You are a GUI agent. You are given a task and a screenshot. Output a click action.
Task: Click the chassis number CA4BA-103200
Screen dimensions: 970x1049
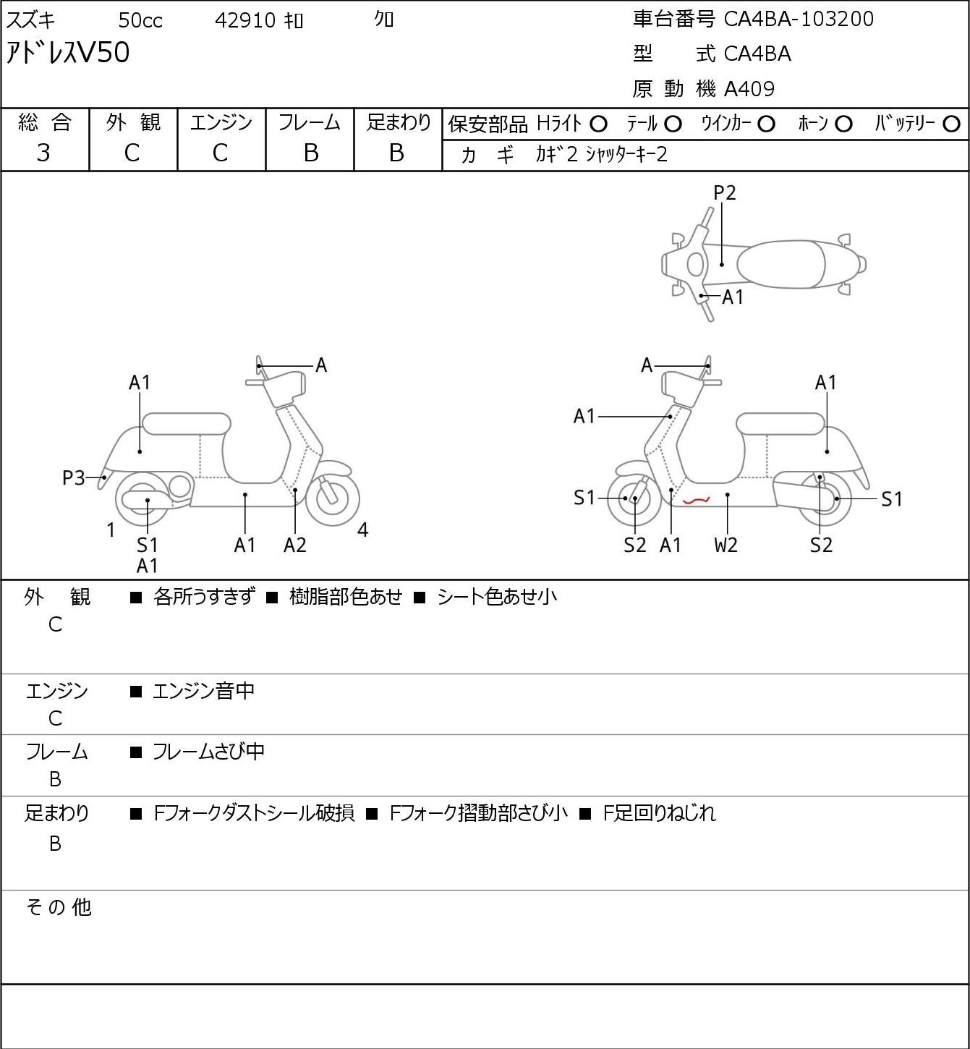(x=799, y=19)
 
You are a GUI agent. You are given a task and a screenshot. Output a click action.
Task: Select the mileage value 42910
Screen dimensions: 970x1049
(x=245, y=20)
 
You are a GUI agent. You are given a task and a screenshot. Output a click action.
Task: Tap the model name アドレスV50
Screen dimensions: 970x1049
(x=67, y=53)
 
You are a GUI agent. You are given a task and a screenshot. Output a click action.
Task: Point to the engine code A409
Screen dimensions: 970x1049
(x=749, y=89)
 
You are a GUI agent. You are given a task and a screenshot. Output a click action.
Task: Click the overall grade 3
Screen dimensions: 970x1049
(x=43, y=153)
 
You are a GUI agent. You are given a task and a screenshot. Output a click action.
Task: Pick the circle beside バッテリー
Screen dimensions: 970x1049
(x=951, y=124)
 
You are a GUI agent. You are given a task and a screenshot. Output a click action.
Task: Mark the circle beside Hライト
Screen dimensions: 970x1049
(x=598, y=124)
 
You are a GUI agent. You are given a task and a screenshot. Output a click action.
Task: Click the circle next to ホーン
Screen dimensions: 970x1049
(x=843, y=124)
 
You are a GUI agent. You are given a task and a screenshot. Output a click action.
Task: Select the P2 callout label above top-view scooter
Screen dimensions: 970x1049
(x=724, y=192)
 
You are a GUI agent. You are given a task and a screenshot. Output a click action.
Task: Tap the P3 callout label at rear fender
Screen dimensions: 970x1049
(x=74, y=478)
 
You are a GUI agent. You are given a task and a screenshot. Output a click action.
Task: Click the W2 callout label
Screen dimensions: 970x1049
(x=726, y=545)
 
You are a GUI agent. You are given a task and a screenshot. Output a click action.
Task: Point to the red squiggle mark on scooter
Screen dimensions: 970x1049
(x=697, y=500)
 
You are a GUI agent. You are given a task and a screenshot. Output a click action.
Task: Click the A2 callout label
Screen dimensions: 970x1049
(x=295, y=545)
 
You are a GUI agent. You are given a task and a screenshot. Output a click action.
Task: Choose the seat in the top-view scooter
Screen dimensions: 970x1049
(x=781, y=264)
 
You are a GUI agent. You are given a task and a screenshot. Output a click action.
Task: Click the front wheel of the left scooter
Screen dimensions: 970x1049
(x=333, y=498)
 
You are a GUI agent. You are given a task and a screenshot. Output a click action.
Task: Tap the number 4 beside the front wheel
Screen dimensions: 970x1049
(x=362, y=530)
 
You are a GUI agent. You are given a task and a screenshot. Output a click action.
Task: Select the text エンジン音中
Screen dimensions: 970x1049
(x=204, y=691)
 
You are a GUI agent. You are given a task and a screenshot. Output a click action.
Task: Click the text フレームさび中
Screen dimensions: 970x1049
(x=209, y=752)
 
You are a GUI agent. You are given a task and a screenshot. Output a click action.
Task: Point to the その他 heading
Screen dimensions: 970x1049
(x=59, y=907)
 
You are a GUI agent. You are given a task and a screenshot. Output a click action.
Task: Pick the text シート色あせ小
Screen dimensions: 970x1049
(x=497, y=597)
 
